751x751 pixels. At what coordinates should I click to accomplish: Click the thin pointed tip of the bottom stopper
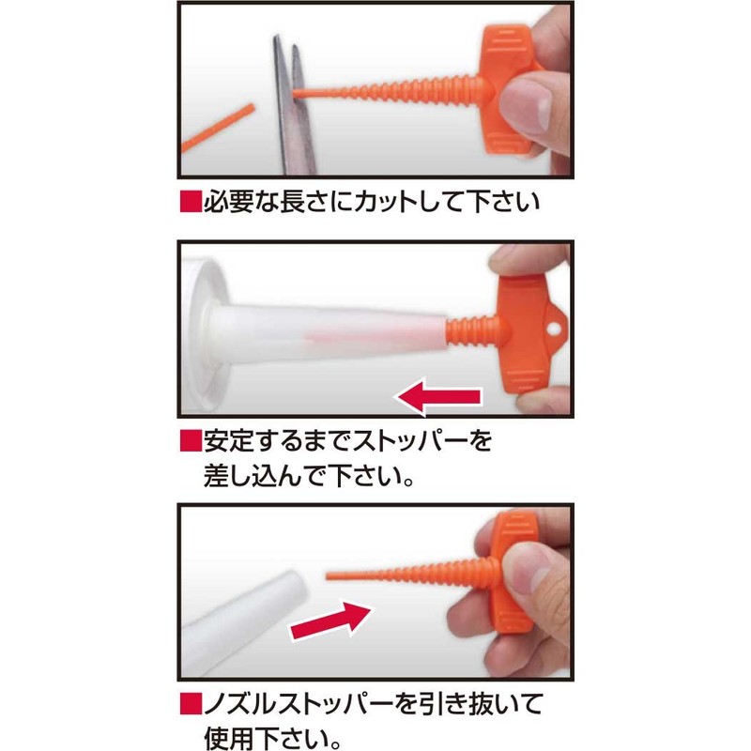click(x=334, y=575)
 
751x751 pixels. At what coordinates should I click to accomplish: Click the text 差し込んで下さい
click(x=310, y=475)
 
